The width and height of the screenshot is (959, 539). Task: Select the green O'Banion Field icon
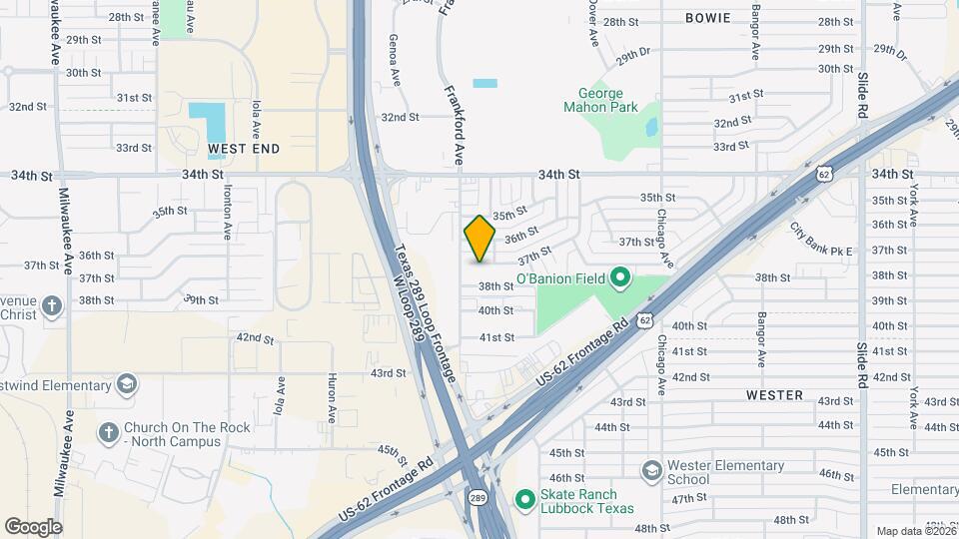click(618, 277)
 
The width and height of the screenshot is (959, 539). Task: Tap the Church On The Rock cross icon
click(108, 433)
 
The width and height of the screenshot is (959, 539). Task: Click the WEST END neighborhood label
click(244, 148)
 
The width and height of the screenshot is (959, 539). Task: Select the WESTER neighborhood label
click(774, 395)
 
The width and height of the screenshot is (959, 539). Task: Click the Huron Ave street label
click(332, 395)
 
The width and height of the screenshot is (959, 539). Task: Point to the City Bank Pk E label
click(821, 240)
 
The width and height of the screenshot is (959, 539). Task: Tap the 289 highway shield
click(477, 496)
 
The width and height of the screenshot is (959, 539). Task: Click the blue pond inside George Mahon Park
click(651, 128)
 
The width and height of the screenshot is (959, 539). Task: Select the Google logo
click(33, 526)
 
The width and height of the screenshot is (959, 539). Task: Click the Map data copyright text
click(914, 531)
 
